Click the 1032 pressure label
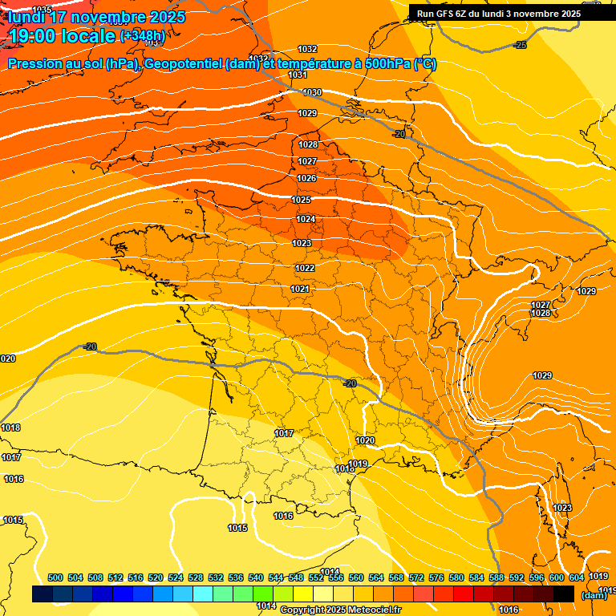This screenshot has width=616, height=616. (x=307, y=50)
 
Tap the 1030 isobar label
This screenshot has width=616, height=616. (x=312, y=93)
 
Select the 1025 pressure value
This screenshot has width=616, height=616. (x=301, y=200)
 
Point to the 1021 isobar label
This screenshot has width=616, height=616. (x=300, y=289)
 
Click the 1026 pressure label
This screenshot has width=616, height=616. (x=306, y=178)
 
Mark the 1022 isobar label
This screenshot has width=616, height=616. (x=305, y=268)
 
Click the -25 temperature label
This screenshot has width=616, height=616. (x=521, y=45)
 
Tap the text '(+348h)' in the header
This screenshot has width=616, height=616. (x=143, y=35)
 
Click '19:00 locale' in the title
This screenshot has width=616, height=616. (x=62, y=36)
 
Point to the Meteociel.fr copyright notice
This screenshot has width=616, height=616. (x=340, y=610)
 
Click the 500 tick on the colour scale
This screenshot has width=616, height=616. (x=55, y=577)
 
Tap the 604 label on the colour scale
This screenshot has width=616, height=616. (x=576, y=577)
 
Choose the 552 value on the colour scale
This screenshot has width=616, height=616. (x=316, y=577)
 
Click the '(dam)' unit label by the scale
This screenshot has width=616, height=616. (x=594, y=595)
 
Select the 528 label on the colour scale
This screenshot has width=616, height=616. (x=196, y=577)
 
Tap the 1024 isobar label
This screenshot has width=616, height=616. (x=306, y=219)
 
